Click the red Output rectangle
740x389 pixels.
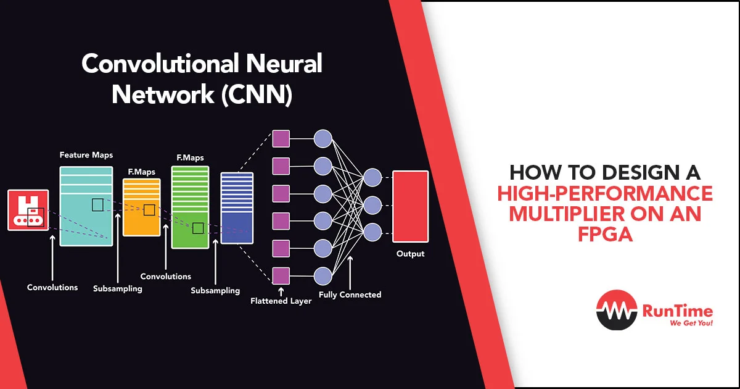(x=410, y=206)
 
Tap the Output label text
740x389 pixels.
(x=410, y=254)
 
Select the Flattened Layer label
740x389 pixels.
(x=281, y=301)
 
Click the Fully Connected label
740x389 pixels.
(x=350, y=295)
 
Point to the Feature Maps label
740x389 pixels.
(x=86, y=155)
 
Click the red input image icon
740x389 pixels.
(x=28, y=210)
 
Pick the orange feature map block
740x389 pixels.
(x=141, y=207)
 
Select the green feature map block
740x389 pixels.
(x=190, y=207)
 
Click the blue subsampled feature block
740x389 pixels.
(x=237, y=208)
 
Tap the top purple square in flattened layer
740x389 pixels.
(x=281, y=138)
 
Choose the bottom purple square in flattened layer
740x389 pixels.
(x=281, y=276)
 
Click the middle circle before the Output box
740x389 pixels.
(x=372, y=205)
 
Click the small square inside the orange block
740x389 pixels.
(x=149, y=210)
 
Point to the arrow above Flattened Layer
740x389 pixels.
(x=281, y=291)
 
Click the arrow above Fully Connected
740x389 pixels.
(x=350, y=272)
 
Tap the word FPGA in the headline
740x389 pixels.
(x=605, y=235)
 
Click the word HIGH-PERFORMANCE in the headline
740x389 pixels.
(x=605, y=193)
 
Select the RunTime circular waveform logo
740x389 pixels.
(x=617, y=310)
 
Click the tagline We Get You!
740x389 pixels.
(x=691, y=323)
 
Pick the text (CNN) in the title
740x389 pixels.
(x=257, y=94)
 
